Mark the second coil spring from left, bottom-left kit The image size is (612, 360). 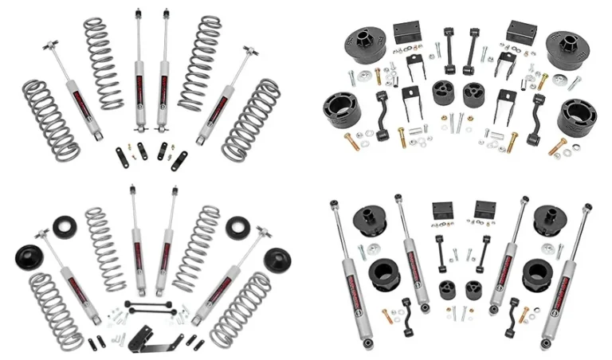coord(106,248)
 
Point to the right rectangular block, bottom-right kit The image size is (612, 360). coord(484,212)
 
